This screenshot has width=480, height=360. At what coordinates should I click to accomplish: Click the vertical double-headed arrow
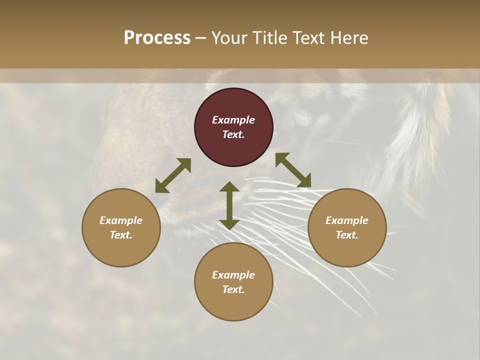coord(229,205)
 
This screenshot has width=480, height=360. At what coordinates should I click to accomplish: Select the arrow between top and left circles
coord(173,175)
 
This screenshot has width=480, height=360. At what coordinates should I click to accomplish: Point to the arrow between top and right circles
coord(293,170)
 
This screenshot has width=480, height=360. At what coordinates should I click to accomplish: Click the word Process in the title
coord(157,38)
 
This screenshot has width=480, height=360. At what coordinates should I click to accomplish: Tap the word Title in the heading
coord(269,38)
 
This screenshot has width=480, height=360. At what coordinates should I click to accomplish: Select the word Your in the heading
coord(230,38)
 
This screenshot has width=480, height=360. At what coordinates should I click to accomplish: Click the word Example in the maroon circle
coord(233,120)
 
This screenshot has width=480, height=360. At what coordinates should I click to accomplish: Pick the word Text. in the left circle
coord(121,235)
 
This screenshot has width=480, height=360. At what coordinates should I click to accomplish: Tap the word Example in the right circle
coord(347,220)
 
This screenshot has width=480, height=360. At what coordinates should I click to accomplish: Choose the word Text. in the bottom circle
coord(233,289)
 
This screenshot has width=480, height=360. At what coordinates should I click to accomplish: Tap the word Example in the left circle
coord(121,220)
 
